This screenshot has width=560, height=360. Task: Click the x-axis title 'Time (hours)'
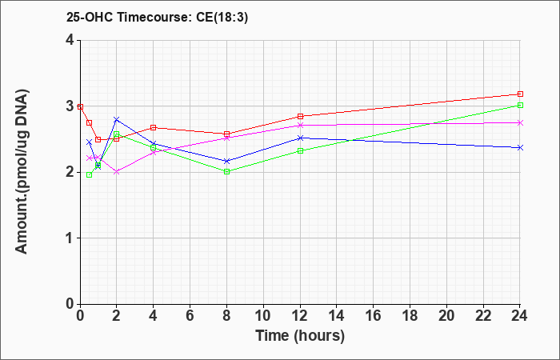pyautogui.click(x=300, y=335)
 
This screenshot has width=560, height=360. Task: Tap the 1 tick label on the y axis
pyautogui.click(x=70, y=238)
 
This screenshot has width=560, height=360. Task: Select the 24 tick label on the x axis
pyautogui.click(x=520, y=316)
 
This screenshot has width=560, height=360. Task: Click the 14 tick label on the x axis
pyautogui.click(x=337, y=316)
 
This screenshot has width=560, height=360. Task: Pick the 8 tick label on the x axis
pyautogui.click(x=227, y=316)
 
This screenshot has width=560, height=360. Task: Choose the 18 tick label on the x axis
pyautogui.click(x=410, y=316)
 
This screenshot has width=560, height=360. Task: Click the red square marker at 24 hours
pyautogui.click(x=520, y=94)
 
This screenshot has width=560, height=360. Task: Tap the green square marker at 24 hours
pyautogui.click(x=520, y=105)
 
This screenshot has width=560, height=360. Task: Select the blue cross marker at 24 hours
pyautogui.click(x=520, y=147)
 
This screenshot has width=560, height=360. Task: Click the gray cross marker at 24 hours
pyautogui.click(x=520, y=122)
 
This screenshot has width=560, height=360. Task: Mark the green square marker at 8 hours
pyautogui.click(x=227, y=171)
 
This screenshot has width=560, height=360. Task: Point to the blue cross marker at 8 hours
pyautogui.click(x=227, y=161)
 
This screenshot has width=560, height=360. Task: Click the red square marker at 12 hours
pyautogui.click(x=300, y=116)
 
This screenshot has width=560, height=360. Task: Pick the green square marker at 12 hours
pyautogui.click(x=300, y=150)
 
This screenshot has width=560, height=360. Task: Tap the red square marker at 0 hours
pyautogui.click(x=81, y=106)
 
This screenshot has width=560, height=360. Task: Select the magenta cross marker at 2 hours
pyautogui.click(x=117, y=171)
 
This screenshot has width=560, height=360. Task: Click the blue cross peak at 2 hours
pyautogui.click(x=117, y=119)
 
